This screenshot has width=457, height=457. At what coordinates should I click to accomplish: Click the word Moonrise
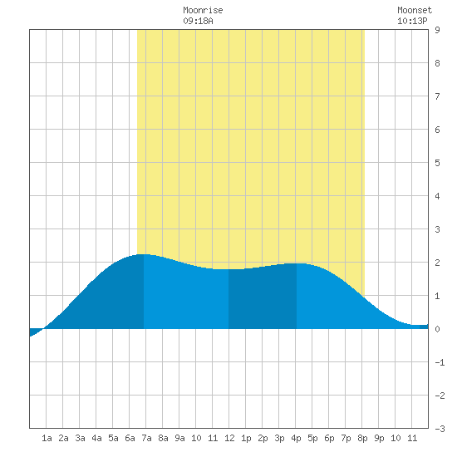(x=203, y=10)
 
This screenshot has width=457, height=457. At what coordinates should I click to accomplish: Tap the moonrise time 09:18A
(x=199, y=21)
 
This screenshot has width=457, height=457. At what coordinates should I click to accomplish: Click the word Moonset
(x=415, y=10)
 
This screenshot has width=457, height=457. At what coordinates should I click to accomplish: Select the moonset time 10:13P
(x=412, y=21)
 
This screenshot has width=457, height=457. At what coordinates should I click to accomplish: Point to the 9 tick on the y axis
(x=437, y=30)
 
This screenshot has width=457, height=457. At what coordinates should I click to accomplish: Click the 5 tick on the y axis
(x=437, y=163)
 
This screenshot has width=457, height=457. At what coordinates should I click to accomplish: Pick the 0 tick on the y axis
(x=437, y=329)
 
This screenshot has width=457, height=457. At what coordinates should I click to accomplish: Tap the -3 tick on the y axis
(x=440, y=429)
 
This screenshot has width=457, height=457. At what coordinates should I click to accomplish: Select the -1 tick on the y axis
(x=440, y=362)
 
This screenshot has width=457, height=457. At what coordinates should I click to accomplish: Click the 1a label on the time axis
(x=47, y=438)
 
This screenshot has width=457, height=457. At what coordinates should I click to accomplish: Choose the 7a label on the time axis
(x=146, y=438)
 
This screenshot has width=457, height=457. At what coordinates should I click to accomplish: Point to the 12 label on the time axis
(x=229, y=438)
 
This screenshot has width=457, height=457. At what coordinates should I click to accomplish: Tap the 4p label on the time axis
(x=296, y=438)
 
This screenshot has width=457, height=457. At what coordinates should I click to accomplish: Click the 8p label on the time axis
(x=362, y=438)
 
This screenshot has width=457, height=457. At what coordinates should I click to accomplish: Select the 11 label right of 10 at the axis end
(x=412, y=438)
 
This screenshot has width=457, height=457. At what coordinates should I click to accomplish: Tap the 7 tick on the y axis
(x=437, y=96)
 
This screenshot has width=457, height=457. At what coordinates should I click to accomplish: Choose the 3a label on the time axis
(x=80, y=438)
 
